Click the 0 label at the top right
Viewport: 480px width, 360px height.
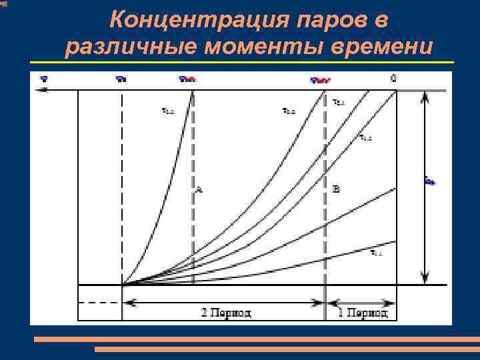394,78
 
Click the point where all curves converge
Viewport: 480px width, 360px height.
123,285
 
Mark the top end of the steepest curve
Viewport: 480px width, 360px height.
193,92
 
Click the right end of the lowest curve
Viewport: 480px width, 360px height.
395,241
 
